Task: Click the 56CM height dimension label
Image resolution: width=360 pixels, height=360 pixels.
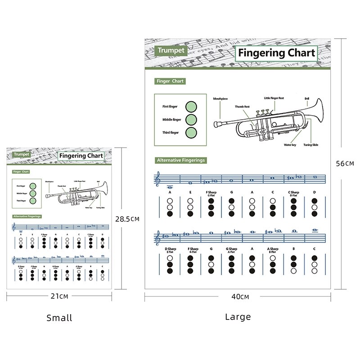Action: tap(346, 163)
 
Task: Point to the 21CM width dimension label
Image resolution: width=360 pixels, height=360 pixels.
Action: tap(59, 296)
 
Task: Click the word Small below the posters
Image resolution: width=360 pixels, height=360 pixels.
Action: tap(59, 318)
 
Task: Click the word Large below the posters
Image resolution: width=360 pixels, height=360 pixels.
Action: tap(238, 317)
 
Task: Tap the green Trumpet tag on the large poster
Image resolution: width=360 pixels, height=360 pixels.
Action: tap(171, 50)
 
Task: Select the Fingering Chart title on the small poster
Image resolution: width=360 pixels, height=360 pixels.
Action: tap(81, 156)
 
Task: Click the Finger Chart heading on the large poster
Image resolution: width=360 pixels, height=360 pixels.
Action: tap(170, 81)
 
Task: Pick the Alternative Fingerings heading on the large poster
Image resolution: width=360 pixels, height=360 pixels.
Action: tap(180, 160)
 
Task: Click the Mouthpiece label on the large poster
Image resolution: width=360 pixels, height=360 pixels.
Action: tap(220, 98)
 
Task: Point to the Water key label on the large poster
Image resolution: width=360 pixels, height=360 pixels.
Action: tap(289, 145)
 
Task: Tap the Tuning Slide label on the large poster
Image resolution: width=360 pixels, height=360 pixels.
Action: tap(310, 145)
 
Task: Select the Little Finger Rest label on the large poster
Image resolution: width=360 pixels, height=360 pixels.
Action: tap(274, 98)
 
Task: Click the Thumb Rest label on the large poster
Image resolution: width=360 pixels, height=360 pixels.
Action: tap(242, 107)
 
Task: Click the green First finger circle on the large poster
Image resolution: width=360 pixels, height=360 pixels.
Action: tap(191, 107)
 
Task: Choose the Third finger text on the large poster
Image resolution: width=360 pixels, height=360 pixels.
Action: tap(171, 133)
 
